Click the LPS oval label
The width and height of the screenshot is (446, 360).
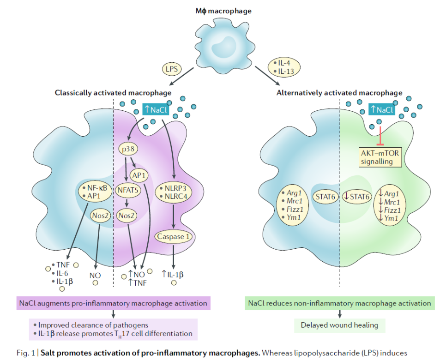point(171,70)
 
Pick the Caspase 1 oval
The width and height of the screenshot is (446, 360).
point(173,236)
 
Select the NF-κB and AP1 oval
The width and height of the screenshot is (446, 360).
point(94,192)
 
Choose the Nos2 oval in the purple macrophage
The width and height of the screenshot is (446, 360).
point(127,215)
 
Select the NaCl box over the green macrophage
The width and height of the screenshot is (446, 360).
point(381,109)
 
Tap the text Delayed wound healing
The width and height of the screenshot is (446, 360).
point(339,325)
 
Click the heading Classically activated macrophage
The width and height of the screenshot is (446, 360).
point(113,93)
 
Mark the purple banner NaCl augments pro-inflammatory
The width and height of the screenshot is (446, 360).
point(113,303)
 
